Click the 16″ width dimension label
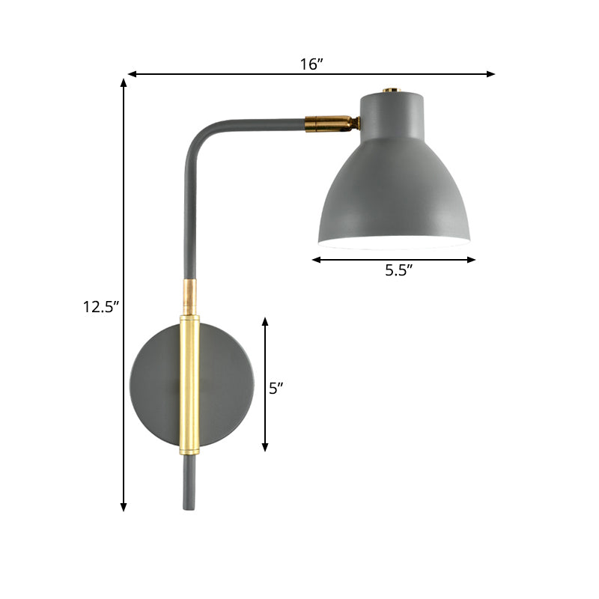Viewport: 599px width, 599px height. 311,64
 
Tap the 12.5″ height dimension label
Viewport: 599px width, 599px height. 101,306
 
